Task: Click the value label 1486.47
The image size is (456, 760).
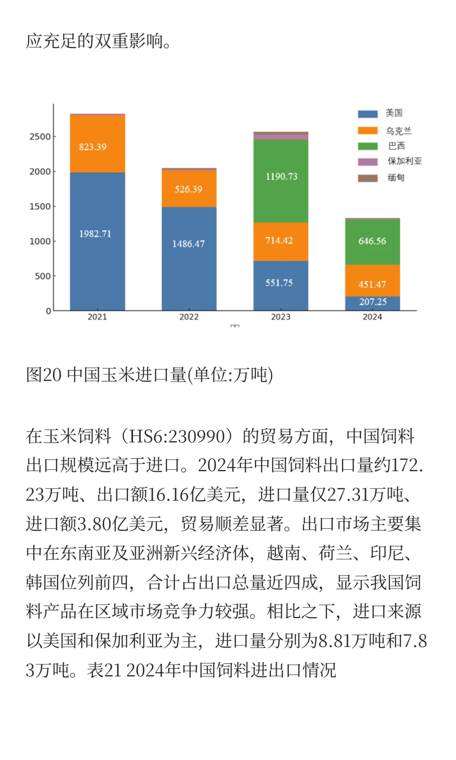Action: pos(188,244)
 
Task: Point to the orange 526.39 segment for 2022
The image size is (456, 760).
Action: pos(189,189)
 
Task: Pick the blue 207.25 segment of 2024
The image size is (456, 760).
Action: pos(372,303)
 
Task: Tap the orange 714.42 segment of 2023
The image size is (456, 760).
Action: pos(280,241)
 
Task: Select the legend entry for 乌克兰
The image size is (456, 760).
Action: pos(399,130)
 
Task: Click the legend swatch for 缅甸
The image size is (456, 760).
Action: pos(368,178)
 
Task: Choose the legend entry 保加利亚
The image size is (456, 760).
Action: pos(404,161)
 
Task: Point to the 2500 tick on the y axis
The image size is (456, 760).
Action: pos(40,137)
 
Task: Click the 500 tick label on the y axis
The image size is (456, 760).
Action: pos(43,276)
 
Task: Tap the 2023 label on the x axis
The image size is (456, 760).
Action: pos(281,317)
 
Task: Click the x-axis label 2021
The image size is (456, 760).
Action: pos(97,317)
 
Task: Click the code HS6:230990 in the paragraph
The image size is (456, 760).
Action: pos(177,436)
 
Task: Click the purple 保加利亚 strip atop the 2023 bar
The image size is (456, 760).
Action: pos(281,137)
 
